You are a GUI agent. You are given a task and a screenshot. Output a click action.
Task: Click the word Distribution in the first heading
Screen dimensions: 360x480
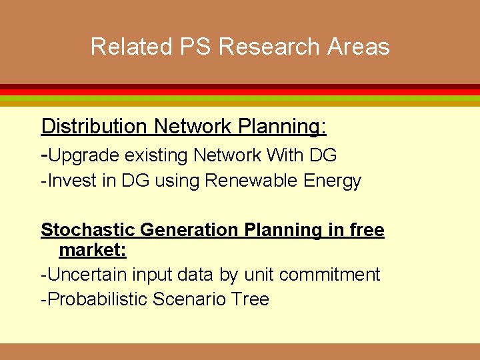tap(94, 126)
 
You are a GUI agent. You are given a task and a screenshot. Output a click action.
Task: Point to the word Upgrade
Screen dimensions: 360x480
tap(84, 155)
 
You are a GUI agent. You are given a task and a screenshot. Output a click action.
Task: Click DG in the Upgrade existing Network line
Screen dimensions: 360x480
tap(323, 155)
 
